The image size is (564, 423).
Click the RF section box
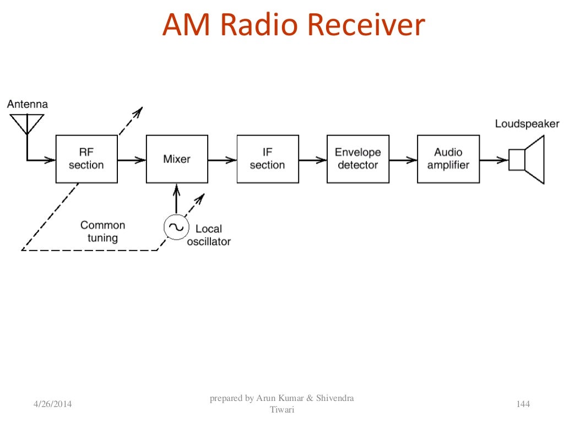click(x=86, y=159)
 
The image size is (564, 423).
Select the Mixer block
click(x=177, y=159)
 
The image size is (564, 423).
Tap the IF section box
click(x=268, y=159)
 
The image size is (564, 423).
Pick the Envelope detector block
click(x=357, y=159)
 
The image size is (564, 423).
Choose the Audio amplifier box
click(x=448, y=159)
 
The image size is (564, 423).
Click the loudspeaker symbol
click(x=527, y=160)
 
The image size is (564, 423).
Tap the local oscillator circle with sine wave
click(x=176, y=227)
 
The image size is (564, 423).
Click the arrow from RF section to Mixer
click(x=132, y=160)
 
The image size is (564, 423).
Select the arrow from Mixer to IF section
click(x=223, y=160)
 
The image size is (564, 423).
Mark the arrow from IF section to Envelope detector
click(x=313, y=160)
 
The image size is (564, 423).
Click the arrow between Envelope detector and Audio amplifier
click(x=403, y=160)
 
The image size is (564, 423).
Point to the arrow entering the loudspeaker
click(x=493, y=160)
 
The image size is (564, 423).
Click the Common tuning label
click(x=102, y=231)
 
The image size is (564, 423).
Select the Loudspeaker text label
click(x=527, y=124)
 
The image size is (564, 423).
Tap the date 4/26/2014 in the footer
click(x=48, y=405)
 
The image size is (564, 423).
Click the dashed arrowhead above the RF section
click(x=138, y=111)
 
